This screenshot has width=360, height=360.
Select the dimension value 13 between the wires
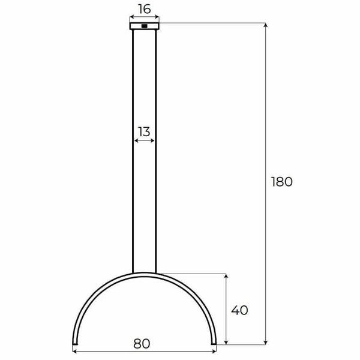(144, 131)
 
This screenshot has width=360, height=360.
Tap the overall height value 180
(281, 182)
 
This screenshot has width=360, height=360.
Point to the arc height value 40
(239, 310)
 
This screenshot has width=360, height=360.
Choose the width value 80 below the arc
(142, 344)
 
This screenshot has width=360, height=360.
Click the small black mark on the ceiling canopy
(145, 26)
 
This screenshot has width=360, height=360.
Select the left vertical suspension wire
(133, 150)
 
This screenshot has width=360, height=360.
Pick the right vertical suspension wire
(155, 150)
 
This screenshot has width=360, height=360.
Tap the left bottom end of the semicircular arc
(74, 343)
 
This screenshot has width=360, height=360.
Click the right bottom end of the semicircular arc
(214, 343)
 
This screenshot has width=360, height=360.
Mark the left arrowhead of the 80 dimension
(75, 352)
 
